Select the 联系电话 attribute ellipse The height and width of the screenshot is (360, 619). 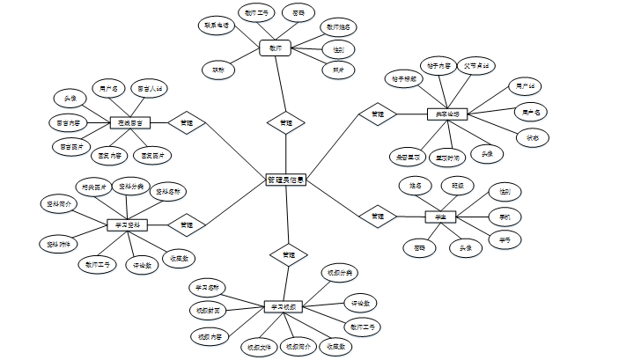coord(215,26)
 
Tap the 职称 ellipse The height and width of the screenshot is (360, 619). coord(217,69)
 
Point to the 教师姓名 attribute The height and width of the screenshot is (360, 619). coord(340,27)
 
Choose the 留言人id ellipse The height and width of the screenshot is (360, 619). coord(148,89)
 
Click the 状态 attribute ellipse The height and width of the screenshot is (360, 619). coord(534,137)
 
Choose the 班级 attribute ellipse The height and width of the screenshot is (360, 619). coord(458,186)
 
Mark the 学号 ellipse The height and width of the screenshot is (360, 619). coord(505,239)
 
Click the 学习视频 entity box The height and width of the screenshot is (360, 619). coord(284,306)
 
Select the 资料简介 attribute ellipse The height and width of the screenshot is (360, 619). coord(61,203)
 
